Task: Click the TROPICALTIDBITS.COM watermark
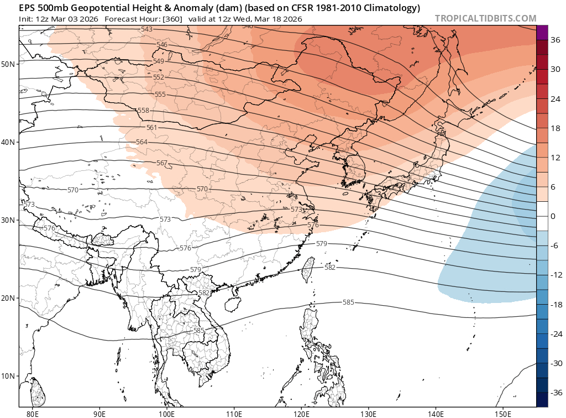click(x=485, y=18)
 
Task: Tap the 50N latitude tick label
click(x=8, y=64)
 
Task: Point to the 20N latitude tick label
click(x=8, y=298)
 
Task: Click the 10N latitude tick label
click(x=8, y=376)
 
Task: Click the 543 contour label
click(x=147, y=29)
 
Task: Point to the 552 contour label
click(x=159, y=77)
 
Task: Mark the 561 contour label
click(x=151, y=128)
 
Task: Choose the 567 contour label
click(x=162, y=163)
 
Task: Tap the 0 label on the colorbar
click(x=552, y=216)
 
